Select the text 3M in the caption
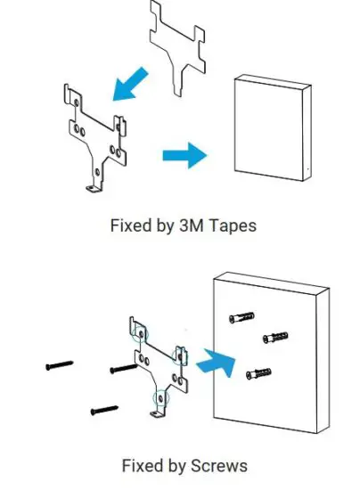pyautogui.click(x=191, y=225)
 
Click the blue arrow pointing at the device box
pyautogui.click(x=184, y=155)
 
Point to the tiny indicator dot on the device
pyautogui.click(x=303, y=169)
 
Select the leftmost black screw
pyautogui.click(x=60, y=365)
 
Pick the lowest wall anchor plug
pyautogui.click(x=257, y=372)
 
